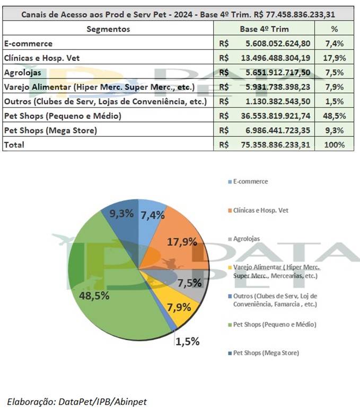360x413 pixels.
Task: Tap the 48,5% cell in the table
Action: point(334,116)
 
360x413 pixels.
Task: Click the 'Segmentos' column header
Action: point(108,29)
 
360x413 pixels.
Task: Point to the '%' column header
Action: point(334,29)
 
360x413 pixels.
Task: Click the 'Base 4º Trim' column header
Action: point(264,29)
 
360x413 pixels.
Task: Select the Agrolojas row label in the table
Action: point(21,72)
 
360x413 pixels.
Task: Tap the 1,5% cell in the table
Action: point(334,101)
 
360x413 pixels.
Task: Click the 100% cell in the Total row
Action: point(334,144)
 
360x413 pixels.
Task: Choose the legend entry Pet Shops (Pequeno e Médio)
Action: point(271,324)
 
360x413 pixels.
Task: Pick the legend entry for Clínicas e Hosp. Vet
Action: point(261,210)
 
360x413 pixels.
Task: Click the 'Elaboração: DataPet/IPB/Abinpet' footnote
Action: point(76,401)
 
